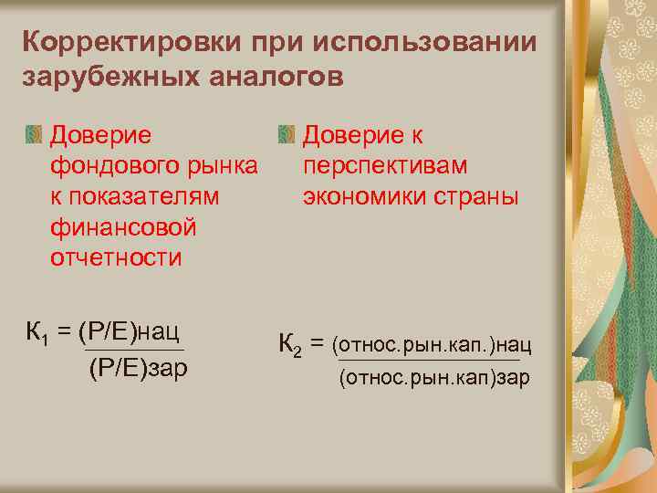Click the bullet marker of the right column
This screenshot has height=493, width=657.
[x=287, y=136]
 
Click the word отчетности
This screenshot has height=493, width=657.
[x=116, y=257]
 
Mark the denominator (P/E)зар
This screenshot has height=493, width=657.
[x=138, y=369]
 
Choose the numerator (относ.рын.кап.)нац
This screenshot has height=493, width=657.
[x=433, y=344]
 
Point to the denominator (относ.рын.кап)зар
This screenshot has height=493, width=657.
[x=433, y=377]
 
